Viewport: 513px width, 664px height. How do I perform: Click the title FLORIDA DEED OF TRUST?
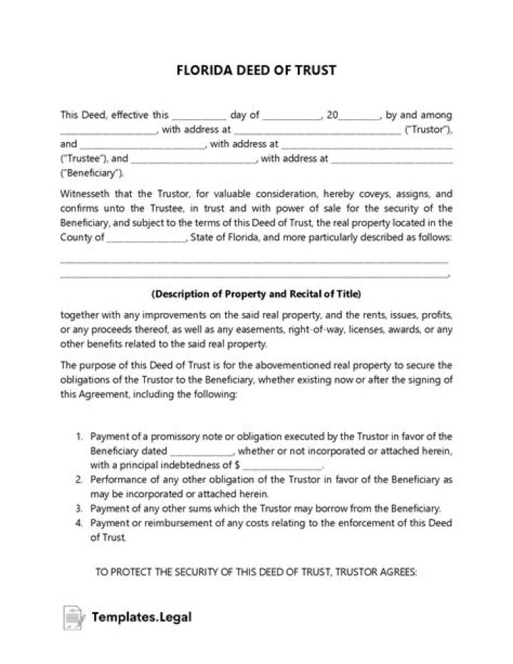[x=256, y=71]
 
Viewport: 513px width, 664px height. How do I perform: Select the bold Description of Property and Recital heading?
[x=256, y=293]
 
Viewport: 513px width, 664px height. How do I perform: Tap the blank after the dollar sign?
[x=286, y=465]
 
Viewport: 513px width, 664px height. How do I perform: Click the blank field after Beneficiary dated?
[x=201, y=451]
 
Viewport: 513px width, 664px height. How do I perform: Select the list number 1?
[x=79, y=436]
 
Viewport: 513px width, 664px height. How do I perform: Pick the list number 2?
[x=79, y=479]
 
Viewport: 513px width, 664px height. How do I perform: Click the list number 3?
[x=79, y=509]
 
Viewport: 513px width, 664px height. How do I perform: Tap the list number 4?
[x=79, y=523]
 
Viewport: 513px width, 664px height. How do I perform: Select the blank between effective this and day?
[x=199, y=115]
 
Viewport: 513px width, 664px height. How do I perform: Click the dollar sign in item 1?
[x=246, y=465]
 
